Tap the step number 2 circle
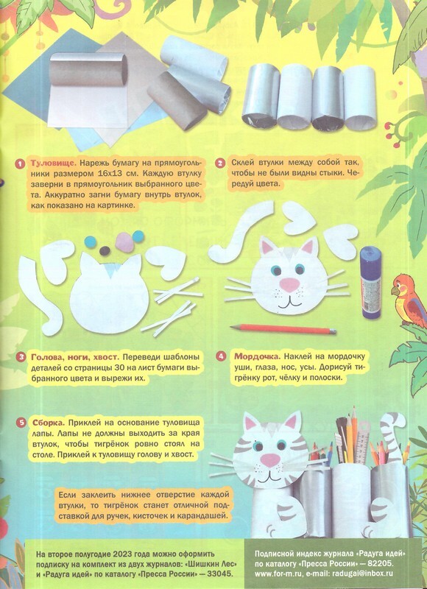[219, 163]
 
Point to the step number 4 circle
[221, 356]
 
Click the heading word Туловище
[54, 163]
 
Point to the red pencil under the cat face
[283, 329]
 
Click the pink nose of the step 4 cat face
[288, 284]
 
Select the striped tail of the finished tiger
[392, 437]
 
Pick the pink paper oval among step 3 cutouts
[124, 241]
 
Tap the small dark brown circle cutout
[105, 250]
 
